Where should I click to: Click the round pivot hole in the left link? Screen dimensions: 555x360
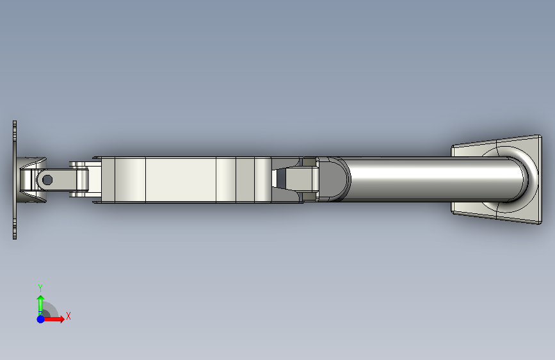47,180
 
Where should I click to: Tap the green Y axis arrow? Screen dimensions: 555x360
40,306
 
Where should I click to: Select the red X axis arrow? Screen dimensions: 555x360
54,319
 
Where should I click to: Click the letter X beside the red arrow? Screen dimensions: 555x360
68,316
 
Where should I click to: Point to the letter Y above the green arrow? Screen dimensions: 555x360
40,288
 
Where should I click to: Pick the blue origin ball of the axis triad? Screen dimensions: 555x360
41,319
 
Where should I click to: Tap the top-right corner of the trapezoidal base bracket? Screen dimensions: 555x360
541,135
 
